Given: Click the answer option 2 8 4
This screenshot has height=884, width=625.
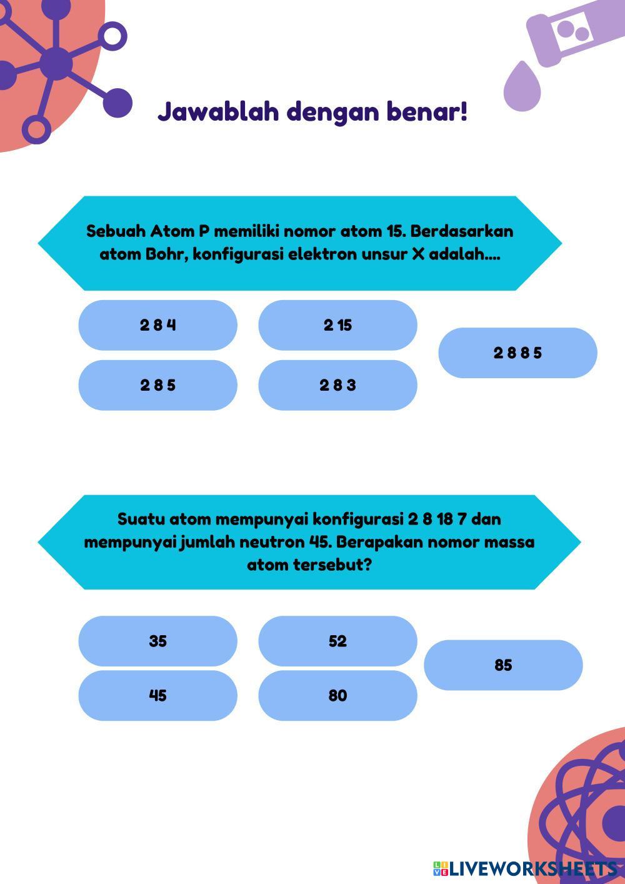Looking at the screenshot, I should pos(157,325).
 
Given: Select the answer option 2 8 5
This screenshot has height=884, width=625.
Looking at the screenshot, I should pos(157,385).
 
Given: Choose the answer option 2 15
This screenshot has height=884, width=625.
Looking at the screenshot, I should pos(337,325).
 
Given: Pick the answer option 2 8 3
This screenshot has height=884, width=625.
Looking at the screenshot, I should pos(337,385).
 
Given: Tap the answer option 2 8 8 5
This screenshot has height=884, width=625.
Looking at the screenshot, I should pos(517,353).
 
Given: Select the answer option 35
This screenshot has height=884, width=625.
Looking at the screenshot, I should pos(157,641).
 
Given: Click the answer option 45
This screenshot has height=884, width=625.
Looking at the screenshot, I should pos(157,695).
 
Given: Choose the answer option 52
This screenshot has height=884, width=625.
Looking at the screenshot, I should pos(337,641).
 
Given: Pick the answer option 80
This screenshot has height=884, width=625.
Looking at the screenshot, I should pos(337,695).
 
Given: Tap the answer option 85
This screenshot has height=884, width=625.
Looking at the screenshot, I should pos(503,665).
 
